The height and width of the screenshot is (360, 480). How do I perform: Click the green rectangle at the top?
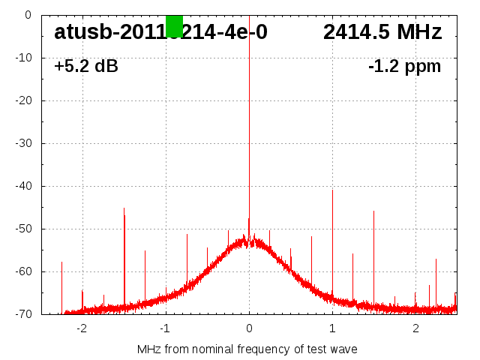coord(174,25)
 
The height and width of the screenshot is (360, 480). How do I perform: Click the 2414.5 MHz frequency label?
coord(382,32)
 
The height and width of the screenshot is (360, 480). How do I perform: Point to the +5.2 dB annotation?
coord(86,67)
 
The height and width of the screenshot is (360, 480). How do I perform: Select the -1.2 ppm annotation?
coord(404,67)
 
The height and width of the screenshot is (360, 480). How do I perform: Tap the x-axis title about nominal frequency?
coord(247,349)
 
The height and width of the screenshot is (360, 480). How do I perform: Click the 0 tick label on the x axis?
coord(249,328)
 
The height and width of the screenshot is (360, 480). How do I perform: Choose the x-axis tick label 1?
coord(332,328)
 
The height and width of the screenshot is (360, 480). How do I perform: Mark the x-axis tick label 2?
coord(415,328)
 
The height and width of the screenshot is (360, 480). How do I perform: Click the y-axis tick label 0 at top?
coord(28,15)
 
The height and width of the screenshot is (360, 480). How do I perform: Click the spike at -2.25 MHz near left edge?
coord(61,285)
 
